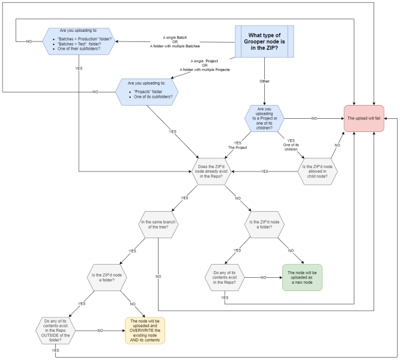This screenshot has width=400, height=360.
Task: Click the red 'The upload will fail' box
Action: coord(364,119)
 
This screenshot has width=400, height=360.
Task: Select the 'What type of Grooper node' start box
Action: coord(264,41)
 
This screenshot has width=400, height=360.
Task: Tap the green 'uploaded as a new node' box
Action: coord(302,277)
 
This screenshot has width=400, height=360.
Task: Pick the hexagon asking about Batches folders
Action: coord(79,41)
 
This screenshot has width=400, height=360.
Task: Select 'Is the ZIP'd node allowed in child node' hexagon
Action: coord(318,171)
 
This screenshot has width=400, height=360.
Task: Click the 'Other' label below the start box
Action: coord(264,81)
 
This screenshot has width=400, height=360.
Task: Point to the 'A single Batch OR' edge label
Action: coord(174,41)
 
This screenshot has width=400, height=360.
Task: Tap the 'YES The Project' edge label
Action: coord(238,144)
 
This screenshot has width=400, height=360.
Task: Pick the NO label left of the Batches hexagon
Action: coord(29,41)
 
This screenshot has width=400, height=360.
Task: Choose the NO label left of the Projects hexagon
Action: coord(95,92)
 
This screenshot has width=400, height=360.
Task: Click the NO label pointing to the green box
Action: coord(263,277)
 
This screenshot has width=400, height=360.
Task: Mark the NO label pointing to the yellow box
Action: coord(100,330)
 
